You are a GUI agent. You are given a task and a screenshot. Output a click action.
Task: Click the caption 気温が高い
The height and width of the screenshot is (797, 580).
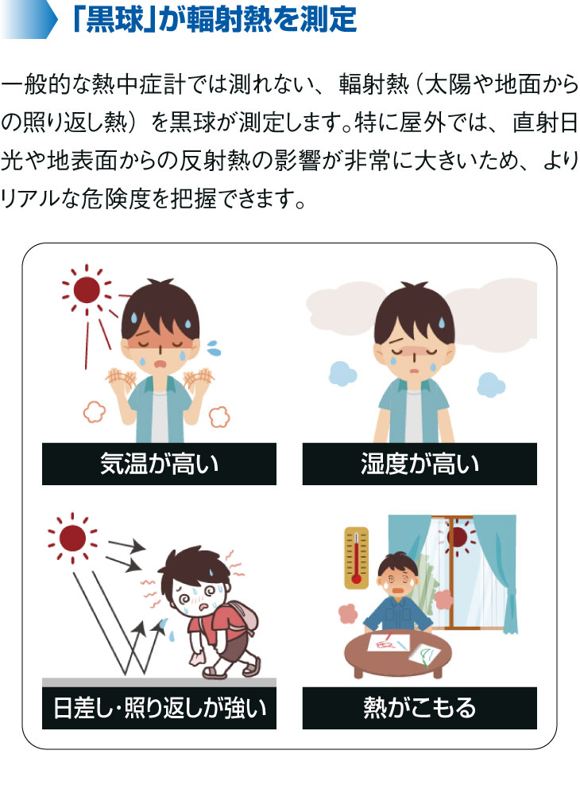(159, 464)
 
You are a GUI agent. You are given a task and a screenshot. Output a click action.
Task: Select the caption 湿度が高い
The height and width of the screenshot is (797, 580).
(420, 464)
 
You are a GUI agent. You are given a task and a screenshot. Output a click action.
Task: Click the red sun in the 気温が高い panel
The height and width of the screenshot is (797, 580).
(87, 291)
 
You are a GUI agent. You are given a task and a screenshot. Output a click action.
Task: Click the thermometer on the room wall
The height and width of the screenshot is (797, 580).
(356, 556)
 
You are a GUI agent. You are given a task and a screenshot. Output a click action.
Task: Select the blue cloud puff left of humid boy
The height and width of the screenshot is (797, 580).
(342, 373)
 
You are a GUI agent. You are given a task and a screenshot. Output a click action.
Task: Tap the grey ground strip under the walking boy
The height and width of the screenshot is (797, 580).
(159, 682)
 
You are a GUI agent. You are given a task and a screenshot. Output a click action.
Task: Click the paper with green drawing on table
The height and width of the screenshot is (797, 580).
(426, 655)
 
